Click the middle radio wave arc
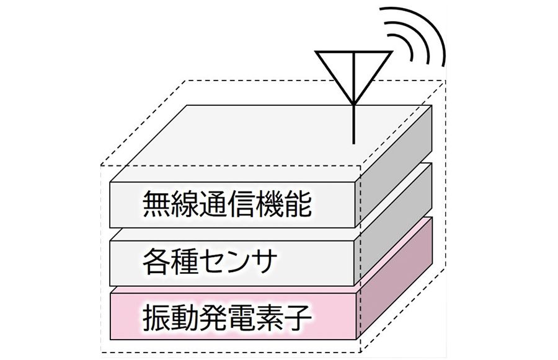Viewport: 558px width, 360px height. pos(416,40)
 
